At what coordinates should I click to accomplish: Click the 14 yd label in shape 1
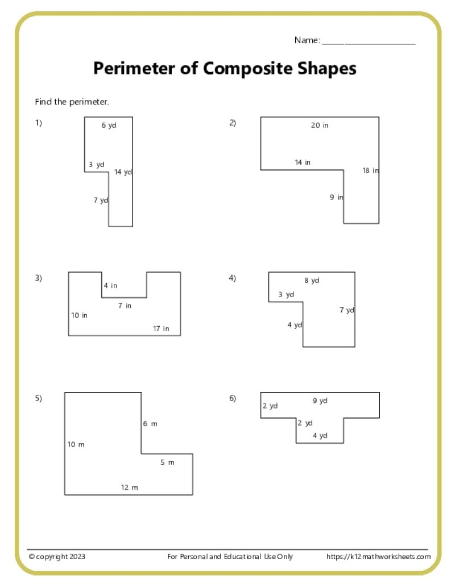123,172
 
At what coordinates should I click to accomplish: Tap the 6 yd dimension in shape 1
109,125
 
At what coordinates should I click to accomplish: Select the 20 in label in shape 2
320,125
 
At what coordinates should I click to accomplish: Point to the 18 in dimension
370,170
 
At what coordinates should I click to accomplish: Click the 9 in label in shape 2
336,197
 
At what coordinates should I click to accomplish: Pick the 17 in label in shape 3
161,328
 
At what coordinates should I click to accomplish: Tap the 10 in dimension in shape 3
79,315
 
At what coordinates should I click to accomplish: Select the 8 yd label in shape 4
312,281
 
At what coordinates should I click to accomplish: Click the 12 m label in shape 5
129,487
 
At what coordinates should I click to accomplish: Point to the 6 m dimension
150,424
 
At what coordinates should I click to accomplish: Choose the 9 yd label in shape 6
320,401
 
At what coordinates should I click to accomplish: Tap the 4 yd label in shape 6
320,435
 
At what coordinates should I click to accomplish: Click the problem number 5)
39,398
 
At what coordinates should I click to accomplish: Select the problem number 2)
233,123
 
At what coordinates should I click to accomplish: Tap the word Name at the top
307,40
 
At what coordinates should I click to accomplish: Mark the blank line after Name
369,44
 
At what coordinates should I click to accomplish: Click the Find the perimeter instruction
72,102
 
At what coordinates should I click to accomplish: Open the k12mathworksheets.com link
378,557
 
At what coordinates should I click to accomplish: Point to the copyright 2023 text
57,557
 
